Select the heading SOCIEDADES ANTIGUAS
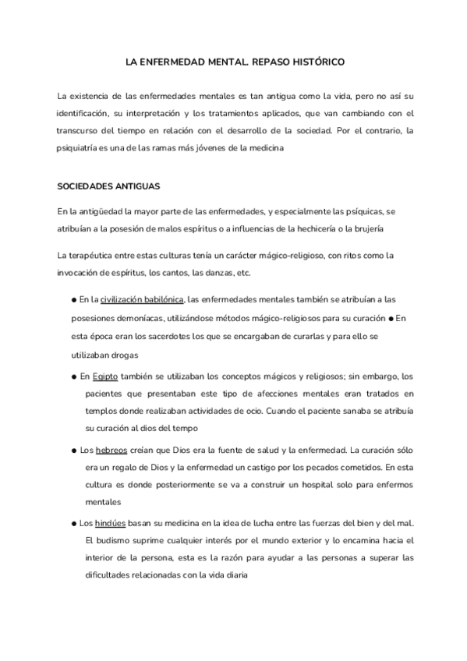(108, 188)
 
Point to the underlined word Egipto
(105, 375)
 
